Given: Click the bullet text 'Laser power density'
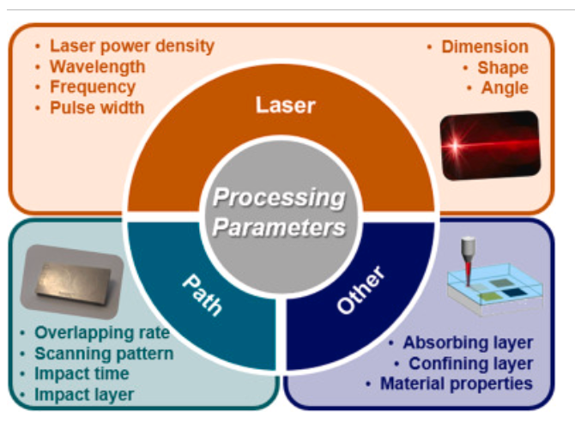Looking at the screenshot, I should coord(131,46).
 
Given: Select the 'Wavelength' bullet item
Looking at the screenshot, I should coord(97,67).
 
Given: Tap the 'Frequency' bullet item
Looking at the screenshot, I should coord(93,88).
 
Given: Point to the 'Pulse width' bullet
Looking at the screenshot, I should coord(97,108).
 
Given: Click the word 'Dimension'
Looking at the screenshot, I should coord(485,47).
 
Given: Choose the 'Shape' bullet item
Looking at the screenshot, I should coord(503,68).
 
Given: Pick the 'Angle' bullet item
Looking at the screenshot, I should coord(505,88).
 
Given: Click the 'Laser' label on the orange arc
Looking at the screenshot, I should coord(286,106).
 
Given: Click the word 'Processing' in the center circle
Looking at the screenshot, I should coord(279,198).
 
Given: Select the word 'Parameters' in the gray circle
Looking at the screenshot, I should coord(279,228).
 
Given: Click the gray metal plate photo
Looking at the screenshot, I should coord(71,281).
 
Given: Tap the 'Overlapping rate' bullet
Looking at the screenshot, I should coord(101,333).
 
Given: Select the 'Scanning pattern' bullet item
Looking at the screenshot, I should coord(104,353).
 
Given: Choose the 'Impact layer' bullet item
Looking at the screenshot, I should coord(84,395).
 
